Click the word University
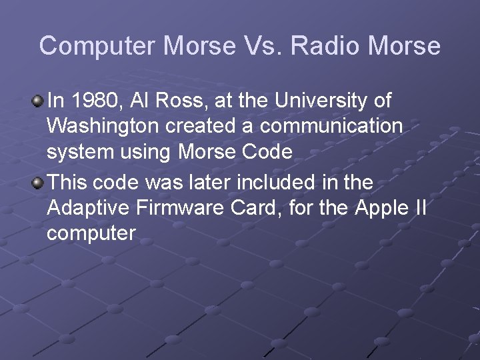click(x=327, y=101)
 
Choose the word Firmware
click(x=175, y=207)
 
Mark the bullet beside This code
click(x=38, y=182)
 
